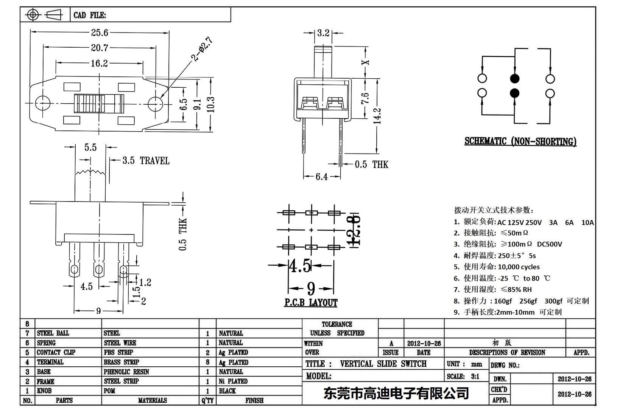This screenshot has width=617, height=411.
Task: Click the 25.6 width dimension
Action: coord(99,33)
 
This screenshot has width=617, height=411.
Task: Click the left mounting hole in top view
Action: coord(43,103)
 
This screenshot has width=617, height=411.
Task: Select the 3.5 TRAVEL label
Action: coord(146,161)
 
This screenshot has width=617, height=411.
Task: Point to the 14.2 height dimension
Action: coord(377,116)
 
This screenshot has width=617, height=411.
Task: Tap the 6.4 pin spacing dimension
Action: coord(321,177)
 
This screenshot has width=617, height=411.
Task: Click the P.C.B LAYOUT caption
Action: coord(311,302)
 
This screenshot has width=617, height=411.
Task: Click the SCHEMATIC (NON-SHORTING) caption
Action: coord(520,141)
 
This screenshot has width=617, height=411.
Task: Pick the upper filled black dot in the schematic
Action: coord(514,79)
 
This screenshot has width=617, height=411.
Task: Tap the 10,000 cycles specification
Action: coord(519,267)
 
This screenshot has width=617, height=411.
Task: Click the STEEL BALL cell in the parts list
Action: coord(53,333)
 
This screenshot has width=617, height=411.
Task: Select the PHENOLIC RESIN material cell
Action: coord(126,372)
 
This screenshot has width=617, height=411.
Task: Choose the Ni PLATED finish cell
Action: coord(233,381)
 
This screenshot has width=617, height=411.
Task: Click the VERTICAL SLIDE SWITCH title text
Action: coord(383,364)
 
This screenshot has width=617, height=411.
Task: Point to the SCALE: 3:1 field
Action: coord(463,376)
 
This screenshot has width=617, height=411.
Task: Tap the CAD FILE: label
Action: coord(90,15)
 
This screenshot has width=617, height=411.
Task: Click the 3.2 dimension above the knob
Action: coord(323,33)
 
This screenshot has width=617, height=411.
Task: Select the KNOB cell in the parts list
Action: coord(44,391)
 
